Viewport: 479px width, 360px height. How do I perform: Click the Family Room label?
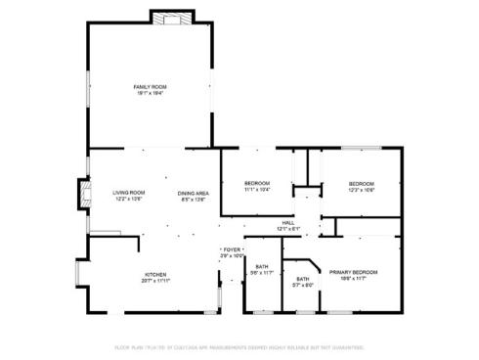click(150, 87)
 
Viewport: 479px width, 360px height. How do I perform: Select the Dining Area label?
click(192, 193)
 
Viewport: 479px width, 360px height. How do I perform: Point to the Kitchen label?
click(156, 274)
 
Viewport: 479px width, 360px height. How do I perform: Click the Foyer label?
click(232, 249)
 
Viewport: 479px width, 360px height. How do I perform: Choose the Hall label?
click(288, 223)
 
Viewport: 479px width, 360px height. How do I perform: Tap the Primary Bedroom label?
click(353, 272)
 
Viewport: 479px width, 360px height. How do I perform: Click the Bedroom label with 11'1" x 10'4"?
click(256, 183)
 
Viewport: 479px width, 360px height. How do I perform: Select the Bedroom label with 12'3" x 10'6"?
click(362, 183)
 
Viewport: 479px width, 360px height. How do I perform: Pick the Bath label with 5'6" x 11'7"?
click(262, 267)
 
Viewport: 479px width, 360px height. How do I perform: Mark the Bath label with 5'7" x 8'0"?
click(303, 280)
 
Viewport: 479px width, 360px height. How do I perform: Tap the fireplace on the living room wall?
click(81, 194)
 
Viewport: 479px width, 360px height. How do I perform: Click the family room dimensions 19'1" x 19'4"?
click(150, 93)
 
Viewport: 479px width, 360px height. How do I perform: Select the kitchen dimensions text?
click(156, 280)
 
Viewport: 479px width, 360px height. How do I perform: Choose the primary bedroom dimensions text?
click(353, 278)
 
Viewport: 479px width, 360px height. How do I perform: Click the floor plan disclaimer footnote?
click(239, 347)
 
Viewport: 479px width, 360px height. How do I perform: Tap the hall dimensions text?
click(288, 229)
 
